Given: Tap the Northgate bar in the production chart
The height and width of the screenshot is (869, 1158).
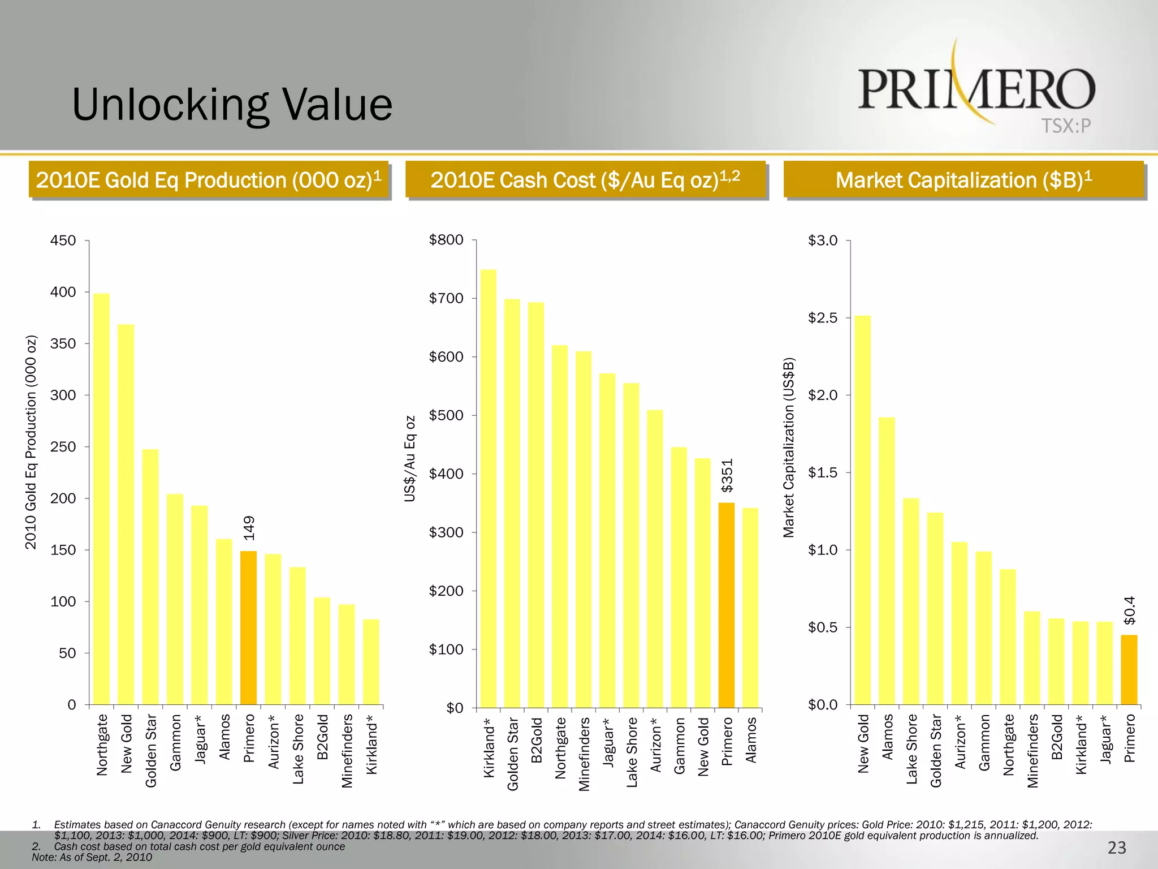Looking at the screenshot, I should (101, 498).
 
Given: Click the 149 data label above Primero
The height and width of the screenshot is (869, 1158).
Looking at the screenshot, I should (249, 527).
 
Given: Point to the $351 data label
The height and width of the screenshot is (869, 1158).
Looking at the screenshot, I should (727, 475).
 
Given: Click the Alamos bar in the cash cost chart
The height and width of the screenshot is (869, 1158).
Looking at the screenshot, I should (750, 608).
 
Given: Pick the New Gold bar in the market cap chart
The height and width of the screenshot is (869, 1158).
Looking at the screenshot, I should (862, 509).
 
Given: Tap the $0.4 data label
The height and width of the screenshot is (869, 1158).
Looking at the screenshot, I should (1129, 610).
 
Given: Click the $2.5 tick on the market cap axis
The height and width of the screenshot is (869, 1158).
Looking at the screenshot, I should (822, 318).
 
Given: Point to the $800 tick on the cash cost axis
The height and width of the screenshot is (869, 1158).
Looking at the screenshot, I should (446, 240).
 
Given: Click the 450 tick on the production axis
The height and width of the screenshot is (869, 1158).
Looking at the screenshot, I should (63, 240).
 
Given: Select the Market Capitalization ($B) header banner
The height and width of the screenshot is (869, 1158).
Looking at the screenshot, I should (963, 180).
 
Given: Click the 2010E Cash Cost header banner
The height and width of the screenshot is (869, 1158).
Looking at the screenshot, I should (585, 180).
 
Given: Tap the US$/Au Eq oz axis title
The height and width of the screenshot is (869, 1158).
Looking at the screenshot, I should (411, 459).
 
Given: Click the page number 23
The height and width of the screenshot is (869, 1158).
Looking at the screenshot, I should (1117, 848).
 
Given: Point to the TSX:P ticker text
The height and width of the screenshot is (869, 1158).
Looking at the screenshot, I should (1066, 126).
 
